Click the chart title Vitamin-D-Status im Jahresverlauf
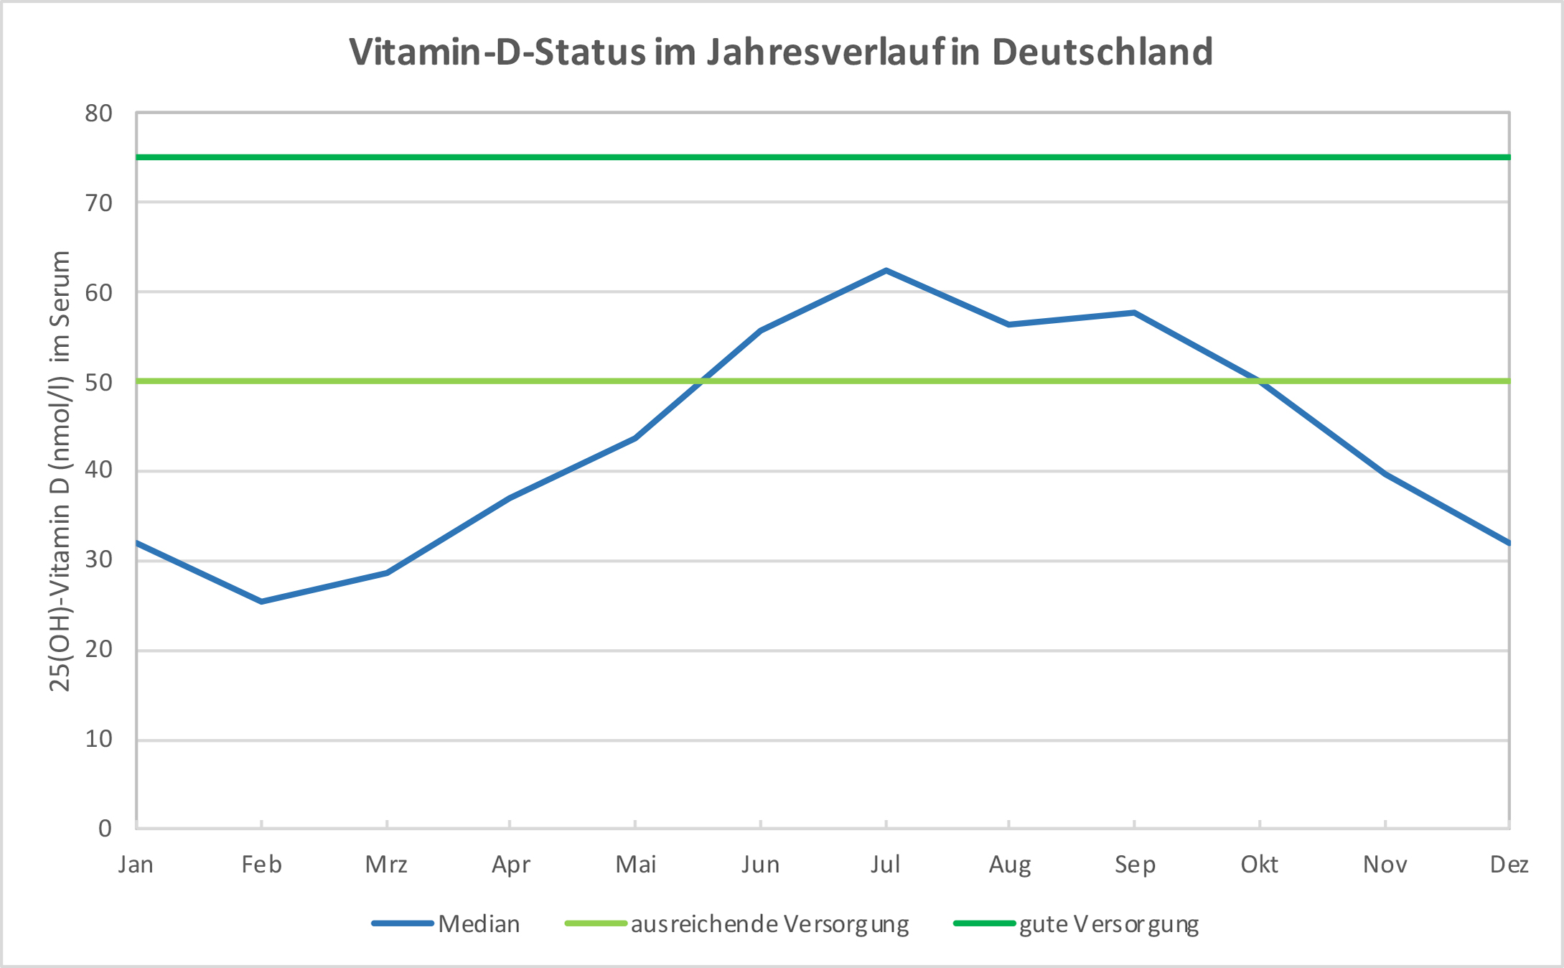coord(781,52)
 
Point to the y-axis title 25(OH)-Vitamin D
coord(60,471)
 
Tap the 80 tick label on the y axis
coord(99,113)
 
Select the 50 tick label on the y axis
coord(99,382)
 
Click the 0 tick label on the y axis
coord(105,829)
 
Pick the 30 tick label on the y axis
coord(99,560)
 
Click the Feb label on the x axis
coord(261,865)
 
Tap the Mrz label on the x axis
coord(386,865)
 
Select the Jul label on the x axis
coord(886,865)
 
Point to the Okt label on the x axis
coord(1260,865)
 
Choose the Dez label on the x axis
coord(1509,865)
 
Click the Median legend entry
coord(479,923)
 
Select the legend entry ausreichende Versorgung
coord(769,923)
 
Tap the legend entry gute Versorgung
coord(1109,923)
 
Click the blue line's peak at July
coord(886,271)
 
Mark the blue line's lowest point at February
coord(261,601)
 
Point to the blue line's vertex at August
coord(1009,325)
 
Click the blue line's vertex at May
coord(635,438)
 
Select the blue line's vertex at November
coord(1385,474)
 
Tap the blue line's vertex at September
coord(1134,312)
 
